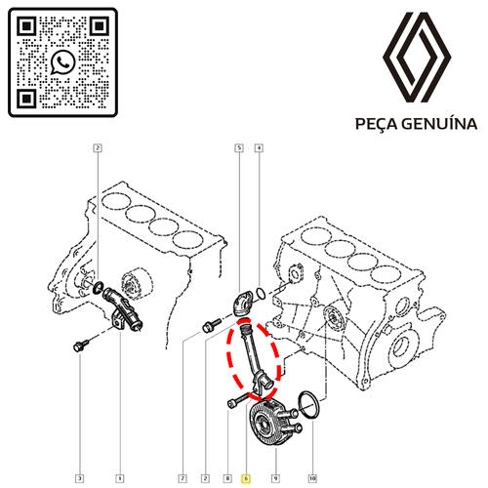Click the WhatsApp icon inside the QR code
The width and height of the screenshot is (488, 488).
(x=63, y=61)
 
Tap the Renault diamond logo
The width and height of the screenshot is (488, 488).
(x=417, y=58)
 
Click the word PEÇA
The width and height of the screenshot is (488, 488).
(x=377, y=124)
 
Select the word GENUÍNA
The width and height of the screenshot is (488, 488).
(x=439, y=123)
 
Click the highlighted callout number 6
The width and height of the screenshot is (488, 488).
(x=246, y=478)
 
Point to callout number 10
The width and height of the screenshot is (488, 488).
(x=312, y=478)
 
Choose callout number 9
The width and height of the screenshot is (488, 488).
(x=275, y=478)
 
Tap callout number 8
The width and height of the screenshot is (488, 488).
(x=227, y=478)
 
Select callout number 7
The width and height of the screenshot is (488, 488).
(x=183, y=478)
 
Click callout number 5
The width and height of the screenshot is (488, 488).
(x=239, y=148)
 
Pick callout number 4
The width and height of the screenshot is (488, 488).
(x=259, y=148)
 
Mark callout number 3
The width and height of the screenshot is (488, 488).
(x=80, y=478)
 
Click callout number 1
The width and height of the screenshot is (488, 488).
(x=120, y=478)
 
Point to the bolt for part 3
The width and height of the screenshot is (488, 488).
(x=81, y=346)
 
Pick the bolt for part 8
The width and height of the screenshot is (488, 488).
(x=237, y=400)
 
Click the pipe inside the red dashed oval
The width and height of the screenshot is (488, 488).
(x=251, y=354)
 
